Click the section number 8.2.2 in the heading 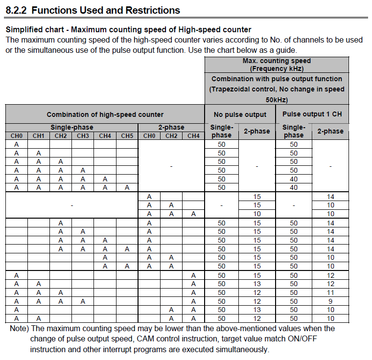pos(18,10)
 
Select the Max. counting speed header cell pos(277,61)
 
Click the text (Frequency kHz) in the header pos(277,68)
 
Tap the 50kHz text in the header pos(277,99)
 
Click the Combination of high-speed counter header pos(105,114)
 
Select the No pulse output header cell pos(240,114)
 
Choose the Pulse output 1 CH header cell pos(312,114)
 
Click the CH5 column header pos(127,135)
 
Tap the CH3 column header pos(83,135)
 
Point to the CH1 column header pos(38,135)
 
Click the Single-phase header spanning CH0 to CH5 pos(71,127)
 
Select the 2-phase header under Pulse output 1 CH pos(330,131)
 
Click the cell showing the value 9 pos(330,301)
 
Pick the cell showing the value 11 pos(330,292)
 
